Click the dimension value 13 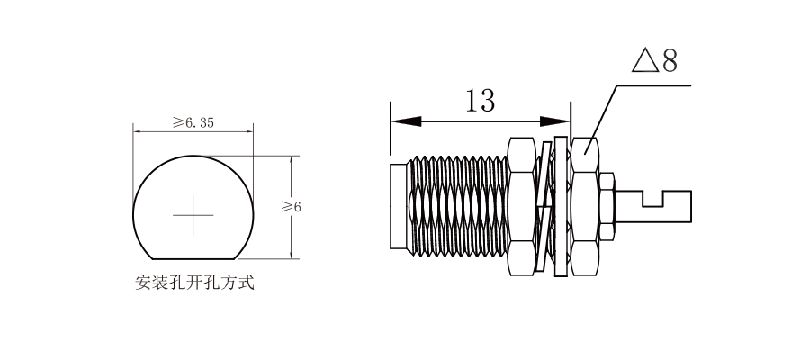tap(480, 100)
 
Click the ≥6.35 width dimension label tap(193, 122)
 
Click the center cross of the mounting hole tap(193, 215)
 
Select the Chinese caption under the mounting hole tap(195, 283)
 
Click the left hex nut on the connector tap(522, 206)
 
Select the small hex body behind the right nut tap(607, 206)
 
